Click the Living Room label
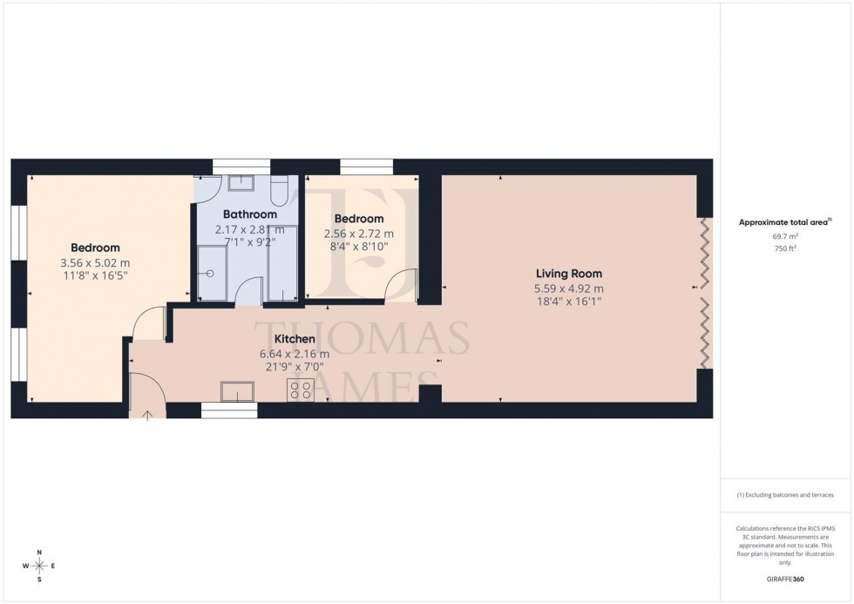(568, 274)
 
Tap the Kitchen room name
(295, 339)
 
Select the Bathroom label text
(249, 214)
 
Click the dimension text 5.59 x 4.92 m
(568, 288)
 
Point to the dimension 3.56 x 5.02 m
(95, 263)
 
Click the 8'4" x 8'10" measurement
(358, 248)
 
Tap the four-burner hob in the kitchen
(302, 391)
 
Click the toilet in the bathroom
(279, 191)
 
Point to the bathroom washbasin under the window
(239, 183)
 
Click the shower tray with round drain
(211, 272)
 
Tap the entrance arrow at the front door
(147, 415)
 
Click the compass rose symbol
(39, 566)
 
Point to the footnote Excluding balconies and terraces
(785, 495)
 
